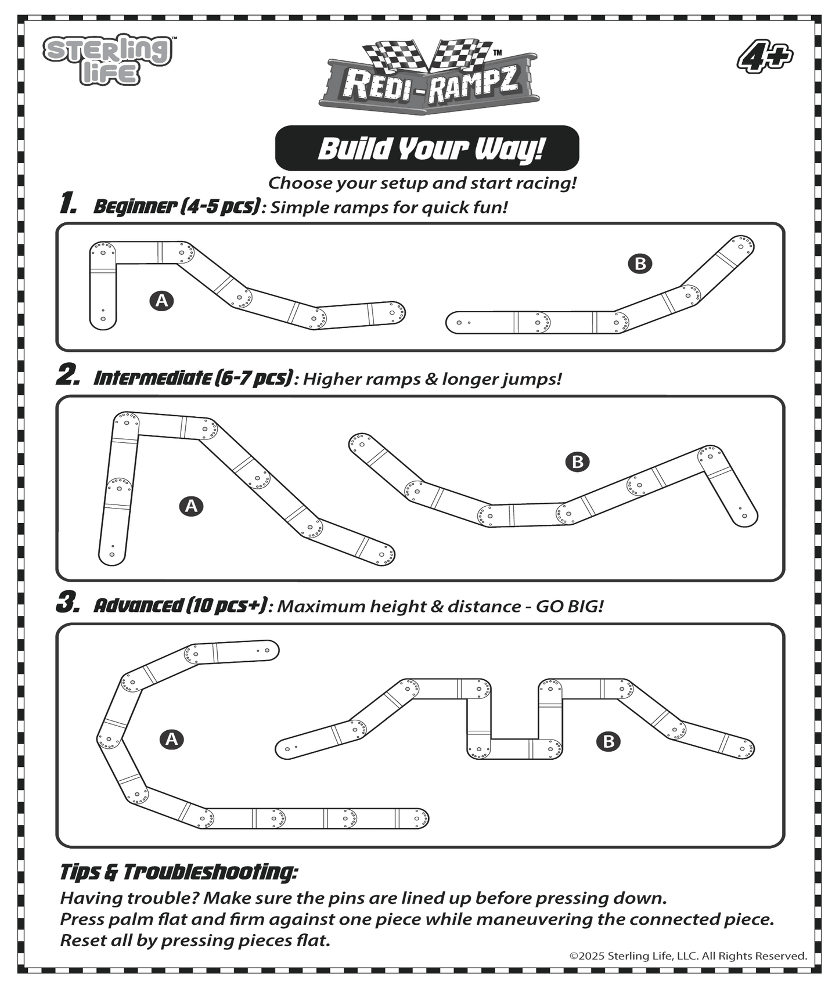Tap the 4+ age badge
click(765, 58)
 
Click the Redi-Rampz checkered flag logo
click(428, 77)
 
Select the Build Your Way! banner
click(427, 148)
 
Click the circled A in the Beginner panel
click(161, 301)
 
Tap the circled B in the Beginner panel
click(640, 264)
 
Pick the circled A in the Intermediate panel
click(191, 506)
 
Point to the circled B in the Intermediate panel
click(577, 462)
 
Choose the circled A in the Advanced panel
click(171, 740)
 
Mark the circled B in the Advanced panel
click(608, 741)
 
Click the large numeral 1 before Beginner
click(69, 204)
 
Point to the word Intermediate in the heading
click(153, 378)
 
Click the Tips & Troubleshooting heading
click(179, 872)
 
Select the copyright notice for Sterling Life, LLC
click(688, 956)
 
